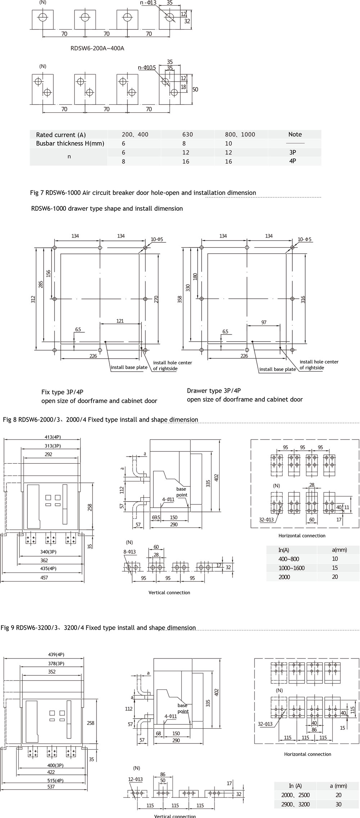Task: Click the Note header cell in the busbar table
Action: (x=295, y=134)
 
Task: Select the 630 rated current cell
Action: (x=188, y=135)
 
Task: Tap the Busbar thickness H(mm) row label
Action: (x=70, y=143)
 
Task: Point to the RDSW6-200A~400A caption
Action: (x=97, y=48)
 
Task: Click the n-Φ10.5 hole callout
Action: (x=147, y=67)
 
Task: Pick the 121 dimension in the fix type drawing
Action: (x=120, y=321)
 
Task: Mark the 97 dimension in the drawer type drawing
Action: (x=264, y=323)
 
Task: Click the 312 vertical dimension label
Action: (x=33, y=299)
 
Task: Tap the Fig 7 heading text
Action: (x=143, y=193)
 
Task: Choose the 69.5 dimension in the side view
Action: (x=156, y=517)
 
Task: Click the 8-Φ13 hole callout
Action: (x=130, y=552)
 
